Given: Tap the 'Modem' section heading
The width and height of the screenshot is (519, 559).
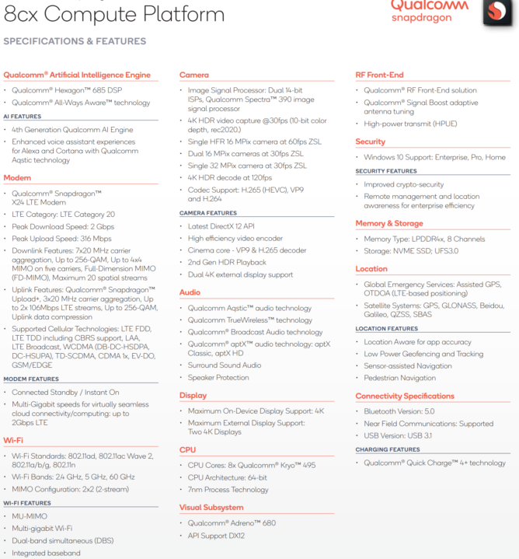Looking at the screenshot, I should pos(18,178).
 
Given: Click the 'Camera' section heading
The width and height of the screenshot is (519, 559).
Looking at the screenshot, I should pos(194,75).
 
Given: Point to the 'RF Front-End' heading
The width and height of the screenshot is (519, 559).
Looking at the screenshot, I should pos(379,75).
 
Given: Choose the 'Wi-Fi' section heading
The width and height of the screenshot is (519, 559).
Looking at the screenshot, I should pos(13,440).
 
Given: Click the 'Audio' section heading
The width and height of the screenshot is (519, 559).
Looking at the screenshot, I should pos(190,292).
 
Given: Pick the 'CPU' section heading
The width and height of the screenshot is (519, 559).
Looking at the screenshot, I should pos(188,449).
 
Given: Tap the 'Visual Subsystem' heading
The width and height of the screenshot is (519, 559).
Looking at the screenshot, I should pos(211,508).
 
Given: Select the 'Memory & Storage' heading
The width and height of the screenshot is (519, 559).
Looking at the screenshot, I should pos(389,223).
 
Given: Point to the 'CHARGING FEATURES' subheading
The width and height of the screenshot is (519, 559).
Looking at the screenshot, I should pos(387,449).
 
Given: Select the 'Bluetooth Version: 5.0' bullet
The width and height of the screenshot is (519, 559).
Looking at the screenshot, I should pos(400,411).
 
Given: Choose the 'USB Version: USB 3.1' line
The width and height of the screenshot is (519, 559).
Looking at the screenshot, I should pos(399,435).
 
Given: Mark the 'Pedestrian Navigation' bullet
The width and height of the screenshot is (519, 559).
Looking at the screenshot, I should pos(400,378).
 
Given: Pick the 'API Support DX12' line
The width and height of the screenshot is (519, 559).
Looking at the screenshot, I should pos(217,536).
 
